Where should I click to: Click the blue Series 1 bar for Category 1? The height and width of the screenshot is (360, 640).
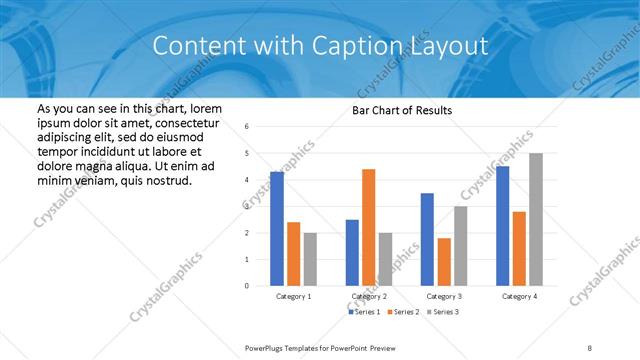(x=277, y=229)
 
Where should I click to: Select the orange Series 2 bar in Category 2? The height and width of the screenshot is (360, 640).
(x=368, y=227)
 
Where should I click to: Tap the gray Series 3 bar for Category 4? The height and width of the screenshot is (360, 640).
(x=536, y=219)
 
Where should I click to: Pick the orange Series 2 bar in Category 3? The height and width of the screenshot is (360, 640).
(x=444, y=262)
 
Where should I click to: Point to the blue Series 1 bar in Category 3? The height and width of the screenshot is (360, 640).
(x=427, y=239)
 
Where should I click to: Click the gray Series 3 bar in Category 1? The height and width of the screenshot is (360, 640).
(x=310, y=259)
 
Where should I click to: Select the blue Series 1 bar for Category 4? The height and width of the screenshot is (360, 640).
(x=502, y=226)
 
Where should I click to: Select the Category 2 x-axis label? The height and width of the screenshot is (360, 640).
(x=369, y=297)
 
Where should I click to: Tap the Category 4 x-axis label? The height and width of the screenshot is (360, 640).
(x=519, y=297)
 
